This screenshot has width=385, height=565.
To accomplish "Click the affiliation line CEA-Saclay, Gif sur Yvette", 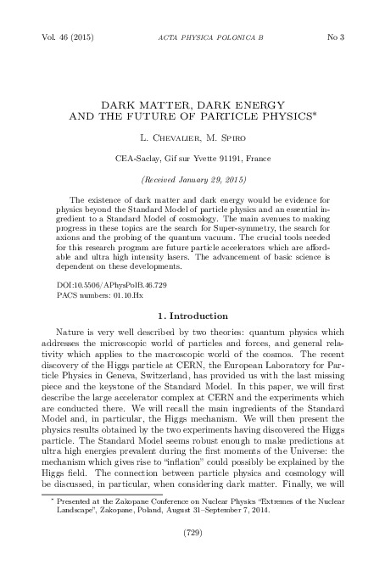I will (x=192, y=158).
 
